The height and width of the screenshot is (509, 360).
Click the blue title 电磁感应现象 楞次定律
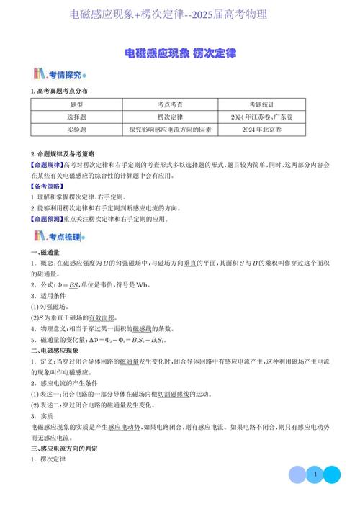click(180, 53)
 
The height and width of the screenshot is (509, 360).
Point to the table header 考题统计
click(262, 104)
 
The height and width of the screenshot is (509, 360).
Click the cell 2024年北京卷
click(262, 130)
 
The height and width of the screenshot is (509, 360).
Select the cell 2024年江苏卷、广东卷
click(262, 117)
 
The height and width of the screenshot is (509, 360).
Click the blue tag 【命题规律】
click(47, 165)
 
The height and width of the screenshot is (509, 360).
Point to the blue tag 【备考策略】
click(47, 186)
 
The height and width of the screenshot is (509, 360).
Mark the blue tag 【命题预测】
click(47, 217)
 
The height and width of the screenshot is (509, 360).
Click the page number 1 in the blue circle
click(315, 474)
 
